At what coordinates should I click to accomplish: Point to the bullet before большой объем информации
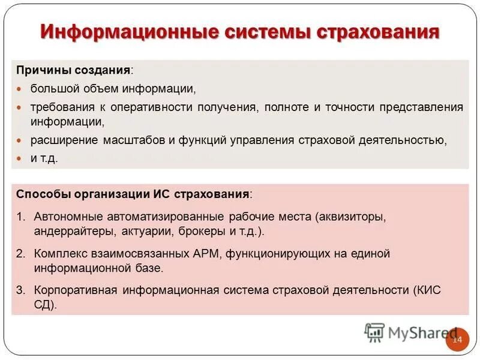[x=19, y=89]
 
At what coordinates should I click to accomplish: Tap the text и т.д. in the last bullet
[x=44, y=158]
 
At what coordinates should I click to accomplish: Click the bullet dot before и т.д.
[x=19, y=158]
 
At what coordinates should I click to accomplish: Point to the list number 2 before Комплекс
[x=20, y=254]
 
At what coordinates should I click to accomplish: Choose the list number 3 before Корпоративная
[x=20, y=291]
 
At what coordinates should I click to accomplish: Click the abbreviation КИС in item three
[x=428, y=291]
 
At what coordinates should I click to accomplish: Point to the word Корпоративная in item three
[x=75, y=291]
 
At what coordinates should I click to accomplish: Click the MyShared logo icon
[x=374, y=332]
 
